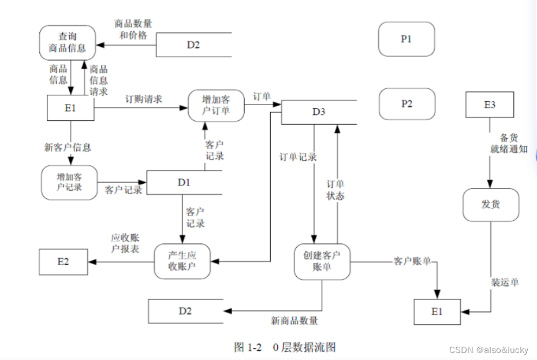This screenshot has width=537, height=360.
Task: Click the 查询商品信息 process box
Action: (x=67, y=43)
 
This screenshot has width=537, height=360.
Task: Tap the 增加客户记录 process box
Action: (x=69, y=183)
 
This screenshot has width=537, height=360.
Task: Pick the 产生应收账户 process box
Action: (x=182, y=261)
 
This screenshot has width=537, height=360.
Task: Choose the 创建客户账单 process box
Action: (x=322, y=261)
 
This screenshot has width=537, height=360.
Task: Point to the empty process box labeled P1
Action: (x=406, y=39)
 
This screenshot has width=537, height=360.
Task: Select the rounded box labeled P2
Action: (x=407, y=104)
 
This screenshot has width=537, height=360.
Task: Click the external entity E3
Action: (x=490, y=105)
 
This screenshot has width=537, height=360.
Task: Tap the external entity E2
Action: (x=63, y=262)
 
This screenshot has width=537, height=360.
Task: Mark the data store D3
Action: (x=319, y=112)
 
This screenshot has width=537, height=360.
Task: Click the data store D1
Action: (x=184, y=183)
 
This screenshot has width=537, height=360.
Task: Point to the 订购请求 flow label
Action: (x=144, y=99)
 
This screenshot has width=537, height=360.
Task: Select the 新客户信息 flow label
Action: (x=68, y=147)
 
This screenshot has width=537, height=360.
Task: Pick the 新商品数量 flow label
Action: (x=294, y=320)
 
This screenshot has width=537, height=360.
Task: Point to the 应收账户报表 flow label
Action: (x=125, y=243)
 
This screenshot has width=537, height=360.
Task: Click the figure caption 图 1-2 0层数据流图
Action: (x=285, y=347)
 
